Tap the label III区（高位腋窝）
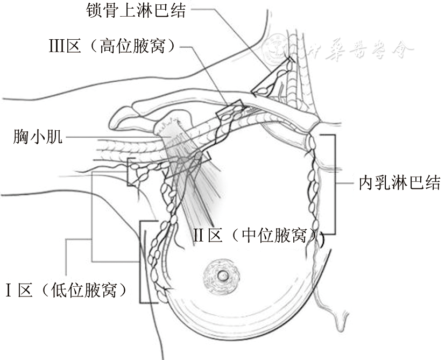pos(112,47)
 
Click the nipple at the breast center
pos(222,276)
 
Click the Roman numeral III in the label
pos(57,47)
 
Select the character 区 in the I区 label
pos(25,291)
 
